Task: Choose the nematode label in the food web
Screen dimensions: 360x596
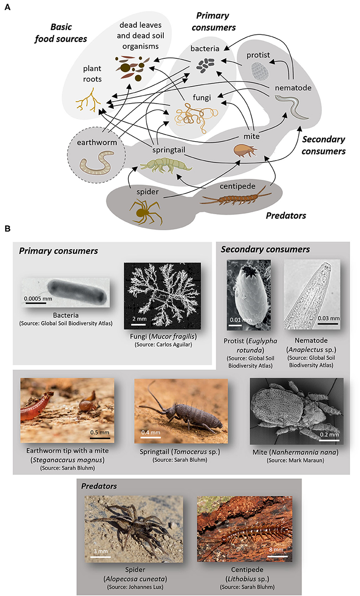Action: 293,88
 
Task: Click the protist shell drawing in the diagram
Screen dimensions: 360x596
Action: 260,71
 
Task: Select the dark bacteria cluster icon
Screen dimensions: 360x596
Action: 205,65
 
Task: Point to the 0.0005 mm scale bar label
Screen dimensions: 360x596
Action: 38,298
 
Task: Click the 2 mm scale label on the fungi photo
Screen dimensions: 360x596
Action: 139,319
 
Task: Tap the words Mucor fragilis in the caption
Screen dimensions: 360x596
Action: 173,336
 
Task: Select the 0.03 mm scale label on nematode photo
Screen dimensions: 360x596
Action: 328,318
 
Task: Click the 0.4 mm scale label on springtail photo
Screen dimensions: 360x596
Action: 151,432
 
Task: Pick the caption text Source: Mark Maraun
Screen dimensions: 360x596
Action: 296,460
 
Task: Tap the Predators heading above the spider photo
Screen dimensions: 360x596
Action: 99,486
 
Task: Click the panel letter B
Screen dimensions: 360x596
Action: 8,228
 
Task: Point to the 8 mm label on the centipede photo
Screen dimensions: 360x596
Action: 276,549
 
